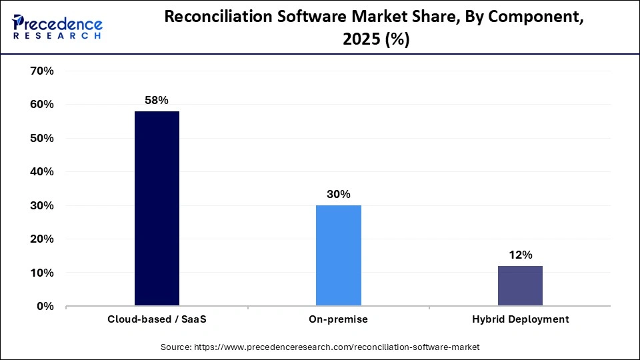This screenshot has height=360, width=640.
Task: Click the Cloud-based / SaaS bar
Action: (157, 209)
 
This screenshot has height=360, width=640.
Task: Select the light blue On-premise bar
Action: (338, 255)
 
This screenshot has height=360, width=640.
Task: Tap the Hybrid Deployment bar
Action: (520, 286)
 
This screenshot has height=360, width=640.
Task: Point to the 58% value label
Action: (157, 100)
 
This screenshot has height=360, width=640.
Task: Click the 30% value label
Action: (338, 194)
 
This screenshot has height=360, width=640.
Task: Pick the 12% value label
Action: (520, 255)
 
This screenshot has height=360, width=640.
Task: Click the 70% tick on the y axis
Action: (42, 71)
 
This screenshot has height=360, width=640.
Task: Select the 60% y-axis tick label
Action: (42, 105)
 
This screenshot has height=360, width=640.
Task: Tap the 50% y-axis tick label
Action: (42, 138)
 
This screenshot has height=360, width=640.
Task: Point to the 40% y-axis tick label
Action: (42, 172)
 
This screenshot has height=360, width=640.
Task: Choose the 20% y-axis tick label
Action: (42, 239)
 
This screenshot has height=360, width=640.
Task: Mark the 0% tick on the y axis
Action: (45, 306)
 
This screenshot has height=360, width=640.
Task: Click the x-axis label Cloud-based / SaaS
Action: (157, 319)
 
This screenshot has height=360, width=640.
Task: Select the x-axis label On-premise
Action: (338, 319)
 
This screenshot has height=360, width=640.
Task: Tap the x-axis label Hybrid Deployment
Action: (520, 319)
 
